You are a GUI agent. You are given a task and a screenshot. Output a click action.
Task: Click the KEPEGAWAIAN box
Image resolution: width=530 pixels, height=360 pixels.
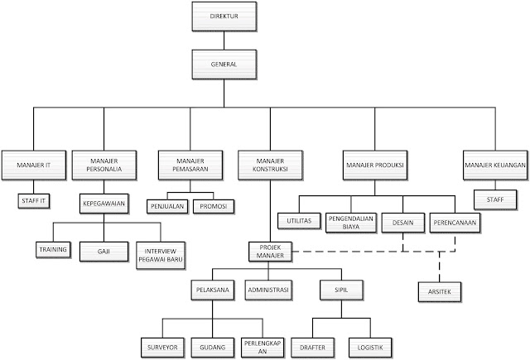click(104, 200)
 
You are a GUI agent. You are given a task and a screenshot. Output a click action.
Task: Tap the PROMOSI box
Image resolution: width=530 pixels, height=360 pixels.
click(214, 205)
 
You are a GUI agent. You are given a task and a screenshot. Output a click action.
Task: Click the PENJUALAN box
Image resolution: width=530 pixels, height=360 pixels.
click(168, 205)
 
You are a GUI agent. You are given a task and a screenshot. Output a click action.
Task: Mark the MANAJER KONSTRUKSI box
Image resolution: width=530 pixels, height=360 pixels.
click(270, 166)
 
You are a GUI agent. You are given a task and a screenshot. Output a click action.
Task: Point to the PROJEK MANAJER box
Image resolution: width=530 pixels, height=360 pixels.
click(270, 252)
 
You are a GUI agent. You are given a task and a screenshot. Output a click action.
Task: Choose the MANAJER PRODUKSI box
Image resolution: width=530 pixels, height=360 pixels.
click(373, 166)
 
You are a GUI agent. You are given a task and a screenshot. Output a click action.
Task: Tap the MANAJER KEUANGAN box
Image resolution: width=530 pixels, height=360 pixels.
click(495, 166)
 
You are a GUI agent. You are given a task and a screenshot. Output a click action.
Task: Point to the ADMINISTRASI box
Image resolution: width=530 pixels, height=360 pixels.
click(269, 291)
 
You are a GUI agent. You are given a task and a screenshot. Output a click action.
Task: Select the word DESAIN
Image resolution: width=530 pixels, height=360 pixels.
click(402, 221)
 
